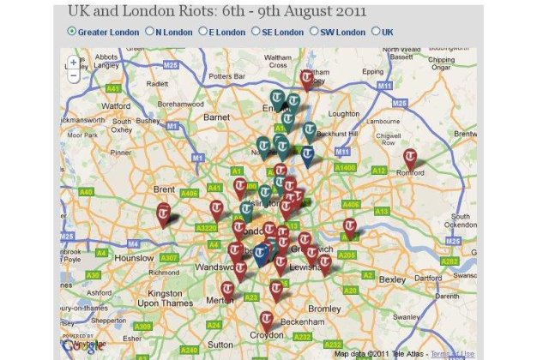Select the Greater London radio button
[x=71, y=33]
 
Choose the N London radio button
[x=150, y=33]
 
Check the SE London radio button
[x=255, y=33]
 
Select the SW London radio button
[x=314, y=33]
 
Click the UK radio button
[x=375, y=33]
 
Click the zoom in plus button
[x=74, y=63]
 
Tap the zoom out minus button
[x=74, y=75]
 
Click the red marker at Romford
[x=411, y=159]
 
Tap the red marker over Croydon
[x=267, y=321]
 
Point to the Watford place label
[x=116, y=106]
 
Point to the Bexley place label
[x=392, y=280]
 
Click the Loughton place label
[x=344, y=113]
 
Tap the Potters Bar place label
[x=227, y=76]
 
